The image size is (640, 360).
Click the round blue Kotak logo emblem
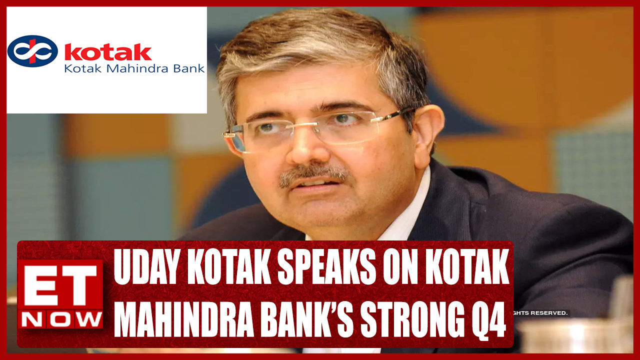(32, 51)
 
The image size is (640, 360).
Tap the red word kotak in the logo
(108, 52)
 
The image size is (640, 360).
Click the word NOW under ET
(60, 318)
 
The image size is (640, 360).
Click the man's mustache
(314, 175)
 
